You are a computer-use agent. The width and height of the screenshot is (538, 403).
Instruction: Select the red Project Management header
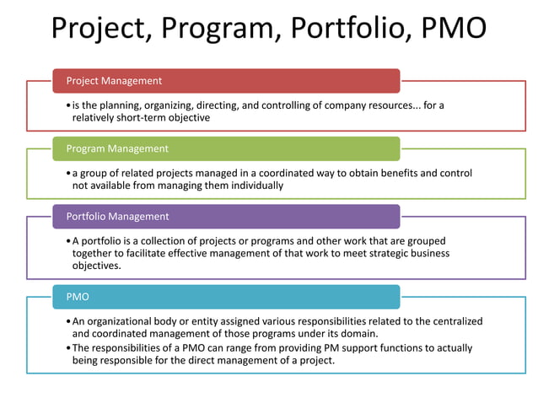click(x=226, y=81)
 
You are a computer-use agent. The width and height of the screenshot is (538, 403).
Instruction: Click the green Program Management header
click(x=226, y=148)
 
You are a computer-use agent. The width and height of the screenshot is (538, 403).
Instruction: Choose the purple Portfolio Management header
click(x=226, y=217)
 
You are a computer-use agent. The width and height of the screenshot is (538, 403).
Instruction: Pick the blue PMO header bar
click(x=226, y=297)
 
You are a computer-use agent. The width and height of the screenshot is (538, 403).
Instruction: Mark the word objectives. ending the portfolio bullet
click(x=97, y=266)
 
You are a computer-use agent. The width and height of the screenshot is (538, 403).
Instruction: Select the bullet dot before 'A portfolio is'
click(x=67, y=241)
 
